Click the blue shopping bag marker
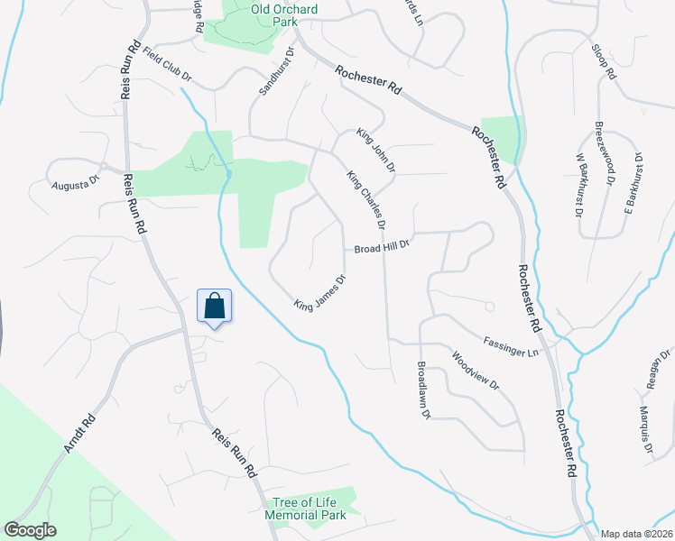[215, 307]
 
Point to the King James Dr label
[319, 292]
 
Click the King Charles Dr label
[366, 199]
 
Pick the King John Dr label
[375, 151]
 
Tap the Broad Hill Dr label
[382, 246]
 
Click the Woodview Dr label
[476, 369]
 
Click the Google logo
[29, 530]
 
